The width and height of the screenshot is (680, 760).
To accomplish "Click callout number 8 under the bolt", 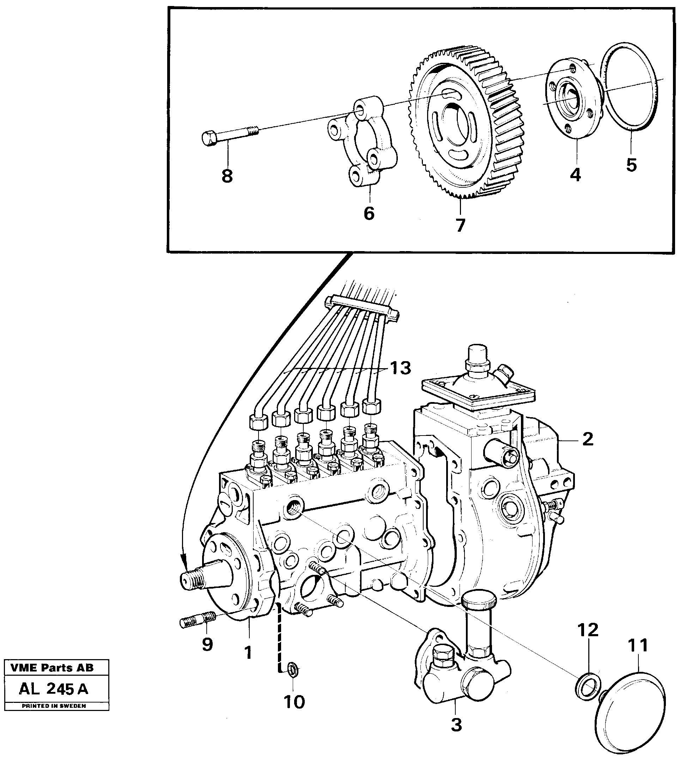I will point(227,176).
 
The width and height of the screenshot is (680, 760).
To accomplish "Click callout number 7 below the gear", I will point(460,225).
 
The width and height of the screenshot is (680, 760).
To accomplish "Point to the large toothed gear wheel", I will point(467,120).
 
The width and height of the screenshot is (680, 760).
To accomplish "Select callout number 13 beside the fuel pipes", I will point(401,368).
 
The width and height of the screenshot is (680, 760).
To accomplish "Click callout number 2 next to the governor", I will point(588,439).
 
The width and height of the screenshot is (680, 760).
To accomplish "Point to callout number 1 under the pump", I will point(248,653).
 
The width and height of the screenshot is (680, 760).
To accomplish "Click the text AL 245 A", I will point(54,689).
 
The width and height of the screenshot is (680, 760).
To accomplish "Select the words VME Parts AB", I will point(52,668).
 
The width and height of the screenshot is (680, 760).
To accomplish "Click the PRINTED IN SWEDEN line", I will point(54,706).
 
